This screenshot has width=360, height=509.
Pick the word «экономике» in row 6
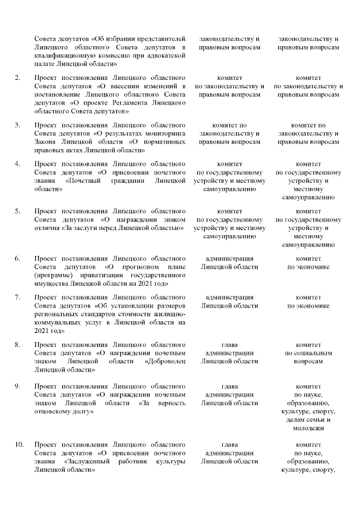coord(308,267)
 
